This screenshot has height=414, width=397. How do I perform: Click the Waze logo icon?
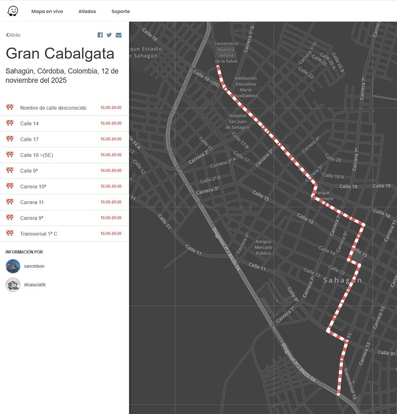pyautogui.click(x=13, y=11)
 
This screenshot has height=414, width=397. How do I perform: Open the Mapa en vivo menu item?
pyautogui.click(x=47, y=11)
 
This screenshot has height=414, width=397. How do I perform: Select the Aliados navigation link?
pyautogui.click(x=87, y=11)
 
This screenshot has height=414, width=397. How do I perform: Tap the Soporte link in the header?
pyautogui.click(x=121, y=11)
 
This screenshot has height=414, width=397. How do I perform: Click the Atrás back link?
pyautogui.click(x=13, y=35)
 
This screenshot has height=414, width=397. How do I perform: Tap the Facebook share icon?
pyautogui.click(x=100, y=35)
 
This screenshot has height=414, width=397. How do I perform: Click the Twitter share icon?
pyautogui.click(x=109, y=35)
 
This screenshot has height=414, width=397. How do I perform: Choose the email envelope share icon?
pyautogui.click(x=119, y=35)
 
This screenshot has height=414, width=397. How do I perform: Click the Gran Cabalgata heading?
pyautogui.click(x=60, y=53)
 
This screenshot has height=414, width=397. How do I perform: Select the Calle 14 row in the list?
pyautogui.click(x=29, y=124)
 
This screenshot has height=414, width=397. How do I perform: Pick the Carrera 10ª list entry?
pyautogui.click(x=33, y=187)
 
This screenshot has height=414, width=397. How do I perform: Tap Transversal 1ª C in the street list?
pyautogui.click(x=39, y=234)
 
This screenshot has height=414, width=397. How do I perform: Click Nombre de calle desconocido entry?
pyautogui.click(x=53, y=108)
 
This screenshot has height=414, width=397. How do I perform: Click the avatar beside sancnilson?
pyautogui.click(x=13, y=266)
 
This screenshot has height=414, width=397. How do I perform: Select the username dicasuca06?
pyautogui.click(x=35, y=285)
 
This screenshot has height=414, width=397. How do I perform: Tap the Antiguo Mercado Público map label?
pyautogui.click(x=263, y=247)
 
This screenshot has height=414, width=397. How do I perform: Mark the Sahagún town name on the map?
pyautogui.click(x=343, y=280)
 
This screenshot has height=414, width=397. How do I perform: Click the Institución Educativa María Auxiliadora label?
pyautogui.click(x=246, y=87)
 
